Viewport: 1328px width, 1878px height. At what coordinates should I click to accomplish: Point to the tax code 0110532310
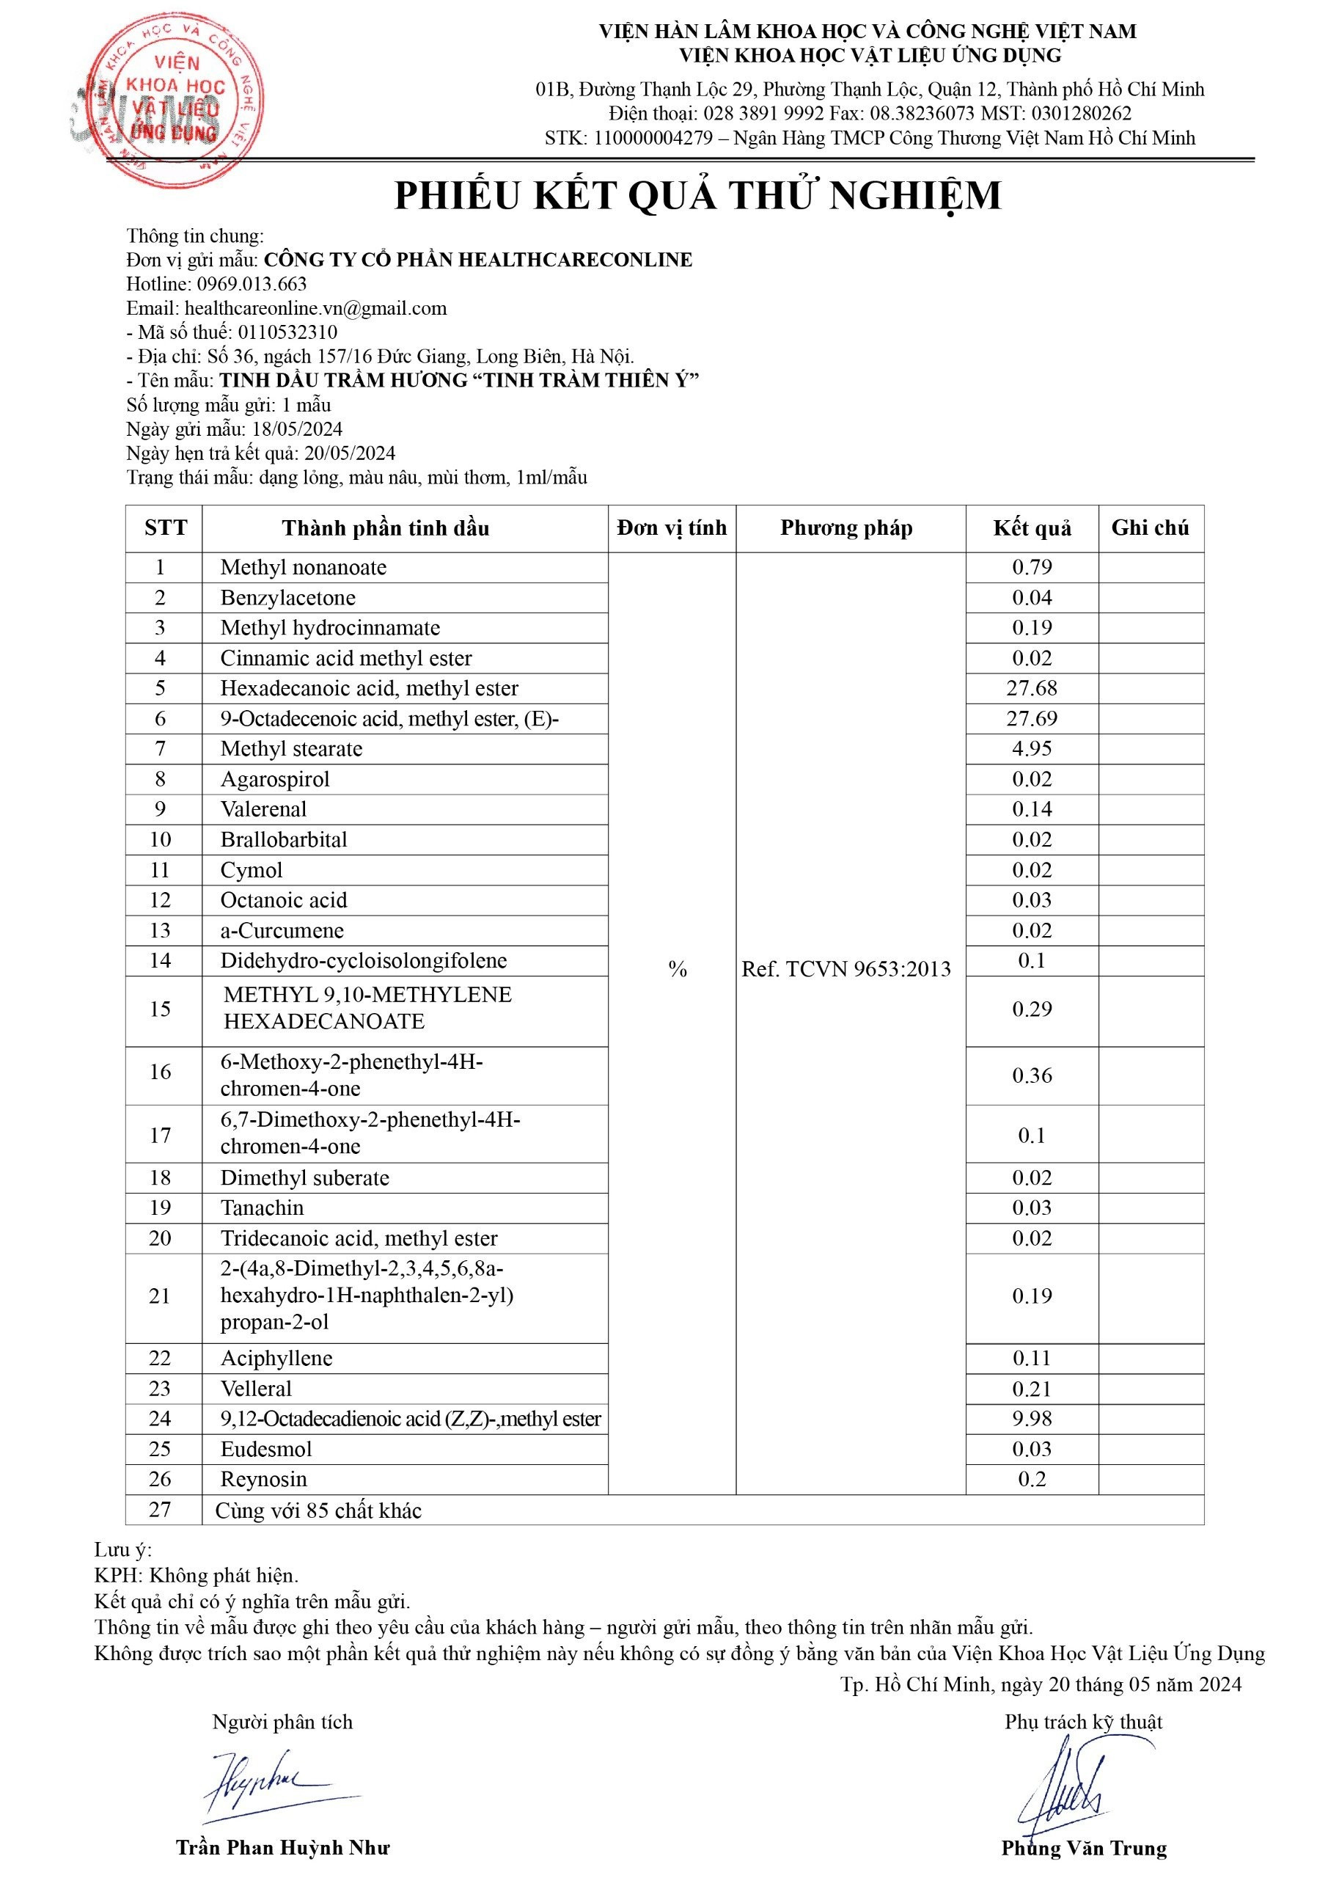(x=287, y=332)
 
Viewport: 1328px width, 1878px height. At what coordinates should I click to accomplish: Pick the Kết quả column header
(x=1032, y=528)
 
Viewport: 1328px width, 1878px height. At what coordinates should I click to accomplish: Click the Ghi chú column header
(x=1150, y=528)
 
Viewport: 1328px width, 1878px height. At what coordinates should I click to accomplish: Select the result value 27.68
(x=1032, y=688)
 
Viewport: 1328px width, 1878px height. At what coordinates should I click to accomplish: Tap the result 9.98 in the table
(x=1032, y=1418)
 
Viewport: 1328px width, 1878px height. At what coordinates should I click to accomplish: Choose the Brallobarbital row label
(x=284, y=839)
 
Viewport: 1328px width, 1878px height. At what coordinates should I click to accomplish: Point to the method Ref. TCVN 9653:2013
(x=846, y=969)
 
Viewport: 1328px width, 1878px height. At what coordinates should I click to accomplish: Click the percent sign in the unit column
(x=677, y=970)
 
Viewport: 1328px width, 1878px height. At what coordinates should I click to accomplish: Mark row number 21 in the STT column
(x=161, y=1296)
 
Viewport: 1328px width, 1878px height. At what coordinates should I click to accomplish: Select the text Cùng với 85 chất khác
(x=318, y=1510)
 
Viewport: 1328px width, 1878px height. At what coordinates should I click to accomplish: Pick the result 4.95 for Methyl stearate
(x=1032, y=748)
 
